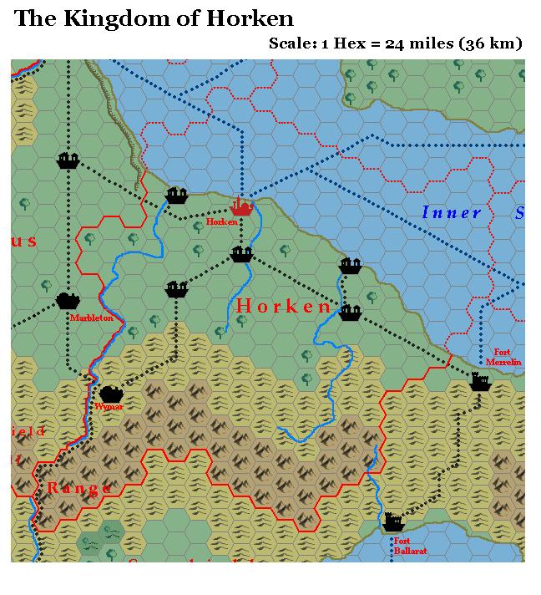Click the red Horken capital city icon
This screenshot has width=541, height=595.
pos(241,206)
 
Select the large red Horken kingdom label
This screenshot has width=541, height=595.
pos(284,307)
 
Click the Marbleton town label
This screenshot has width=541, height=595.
pos(91,318)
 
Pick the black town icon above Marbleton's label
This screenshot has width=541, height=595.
pos(68,300)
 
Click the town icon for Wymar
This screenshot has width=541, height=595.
pos(110,393)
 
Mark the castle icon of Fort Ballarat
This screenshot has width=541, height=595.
pos(392,523)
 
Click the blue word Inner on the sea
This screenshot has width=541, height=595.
pos(452,213)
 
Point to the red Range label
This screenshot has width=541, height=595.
pos(78,488)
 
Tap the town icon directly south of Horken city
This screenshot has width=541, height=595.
pos(241,254)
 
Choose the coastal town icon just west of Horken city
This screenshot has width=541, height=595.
pos(176,196)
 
